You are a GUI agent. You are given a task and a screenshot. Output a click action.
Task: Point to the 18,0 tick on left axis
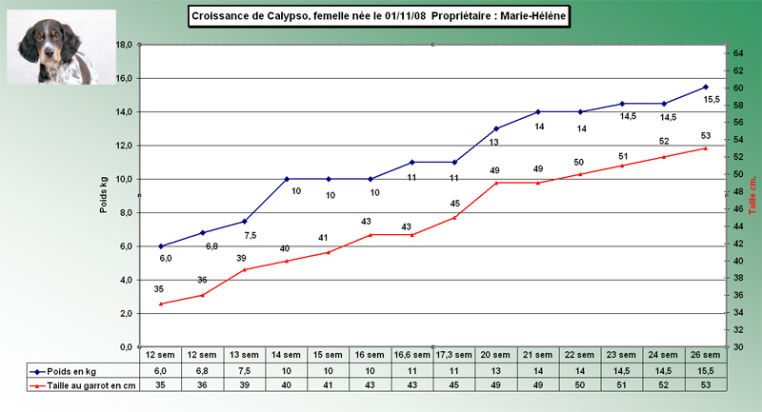tap(122, 45)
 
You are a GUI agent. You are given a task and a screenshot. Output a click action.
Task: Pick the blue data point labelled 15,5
tap(706, 87)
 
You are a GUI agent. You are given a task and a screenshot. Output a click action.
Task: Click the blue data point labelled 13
tap(496, 128)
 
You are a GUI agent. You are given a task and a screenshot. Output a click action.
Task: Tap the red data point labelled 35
tap(161, 304)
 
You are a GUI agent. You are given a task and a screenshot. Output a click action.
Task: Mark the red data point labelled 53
tap(706, 147)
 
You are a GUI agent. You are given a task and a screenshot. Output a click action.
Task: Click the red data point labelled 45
tap(454, 217)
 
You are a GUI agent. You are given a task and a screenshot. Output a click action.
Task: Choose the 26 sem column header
tap(706, 355)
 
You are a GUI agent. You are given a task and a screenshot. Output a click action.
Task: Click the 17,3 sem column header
tap(454, 355)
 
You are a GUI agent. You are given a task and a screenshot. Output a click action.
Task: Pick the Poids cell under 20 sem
tap(496, 370)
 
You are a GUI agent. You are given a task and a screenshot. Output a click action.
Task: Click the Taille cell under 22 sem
tap(580, 386)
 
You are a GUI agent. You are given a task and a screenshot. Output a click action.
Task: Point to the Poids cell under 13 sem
tap(245, 370)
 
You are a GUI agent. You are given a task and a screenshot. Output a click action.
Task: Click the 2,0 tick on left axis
tap(122, 313)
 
